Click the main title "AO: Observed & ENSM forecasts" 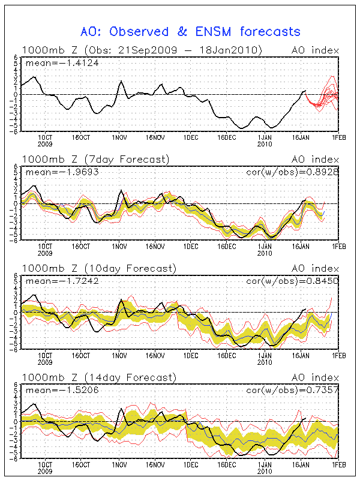(190, 31)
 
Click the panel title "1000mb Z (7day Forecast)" (96, 159)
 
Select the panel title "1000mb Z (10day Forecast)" (98, 268)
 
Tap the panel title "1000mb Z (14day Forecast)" (98, 377)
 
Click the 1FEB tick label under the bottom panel (339, 464)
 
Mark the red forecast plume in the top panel (324, 96)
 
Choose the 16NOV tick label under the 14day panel (155, 464)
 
